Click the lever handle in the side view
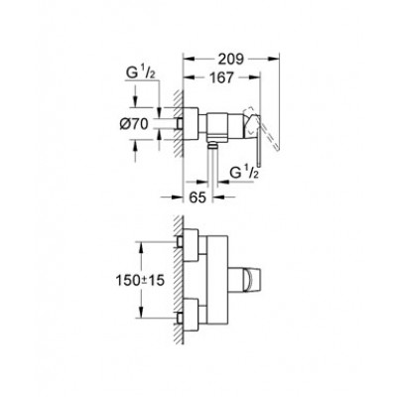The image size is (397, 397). [x=260, y=129]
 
